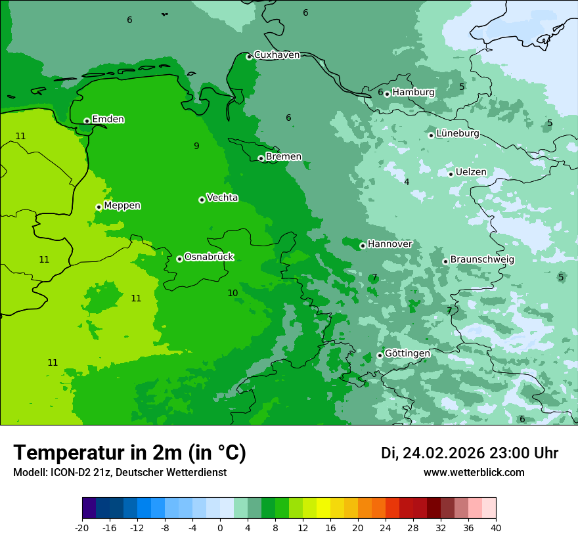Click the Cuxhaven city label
(277, 55)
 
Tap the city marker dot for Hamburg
(388, 94)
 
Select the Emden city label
(108, 120)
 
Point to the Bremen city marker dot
(261, 158)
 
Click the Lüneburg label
(457, 134)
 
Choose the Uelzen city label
(471, 173)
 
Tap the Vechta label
(222, 198)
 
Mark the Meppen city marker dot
(99, 207)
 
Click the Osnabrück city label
(209, 257)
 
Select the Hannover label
(389, 244)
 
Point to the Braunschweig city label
(482, 260)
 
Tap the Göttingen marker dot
(380, 355)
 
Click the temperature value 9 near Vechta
(196, 146)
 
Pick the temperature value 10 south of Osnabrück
(233, 294)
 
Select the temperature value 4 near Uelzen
(407, 183)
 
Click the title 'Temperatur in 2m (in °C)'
(129, 453)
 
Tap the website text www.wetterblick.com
(474, 473)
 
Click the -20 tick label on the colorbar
(82, 527)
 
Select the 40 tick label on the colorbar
(495, 527)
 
